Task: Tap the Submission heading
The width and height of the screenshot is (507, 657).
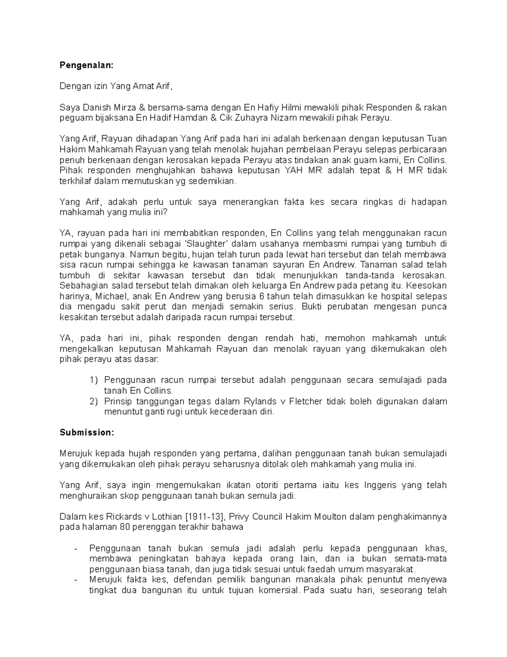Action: coord(87,433)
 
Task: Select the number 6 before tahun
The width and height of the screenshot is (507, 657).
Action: coord(260,297)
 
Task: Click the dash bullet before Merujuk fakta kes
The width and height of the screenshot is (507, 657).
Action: coord(76,580)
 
